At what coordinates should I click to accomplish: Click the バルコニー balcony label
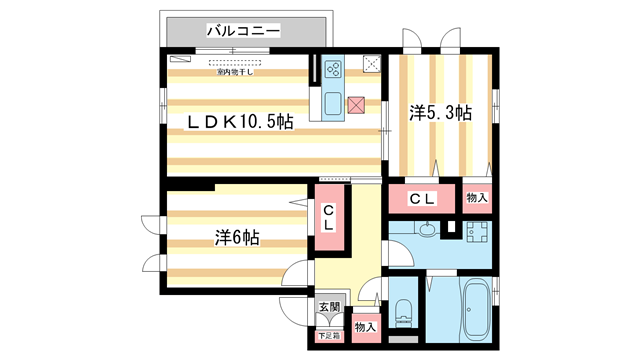(x=243, y=31)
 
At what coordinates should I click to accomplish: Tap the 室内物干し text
(x=234, y=72)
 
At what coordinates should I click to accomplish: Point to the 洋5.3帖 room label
(x=439, y=114)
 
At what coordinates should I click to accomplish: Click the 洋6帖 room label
(x=237, y=238)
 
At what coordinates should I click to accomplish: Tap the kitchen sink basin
(x=331, y=103)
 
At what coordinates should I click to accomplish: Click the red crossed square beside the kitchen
(x=357, y=103)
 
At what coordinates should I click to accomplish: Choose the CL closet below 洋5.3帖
(x=422, y=198)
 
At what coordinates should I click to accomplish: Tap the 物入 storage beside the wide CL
(x=477, y=198)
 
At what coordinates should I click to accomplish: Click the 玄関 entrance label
(x=329, y=308)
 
